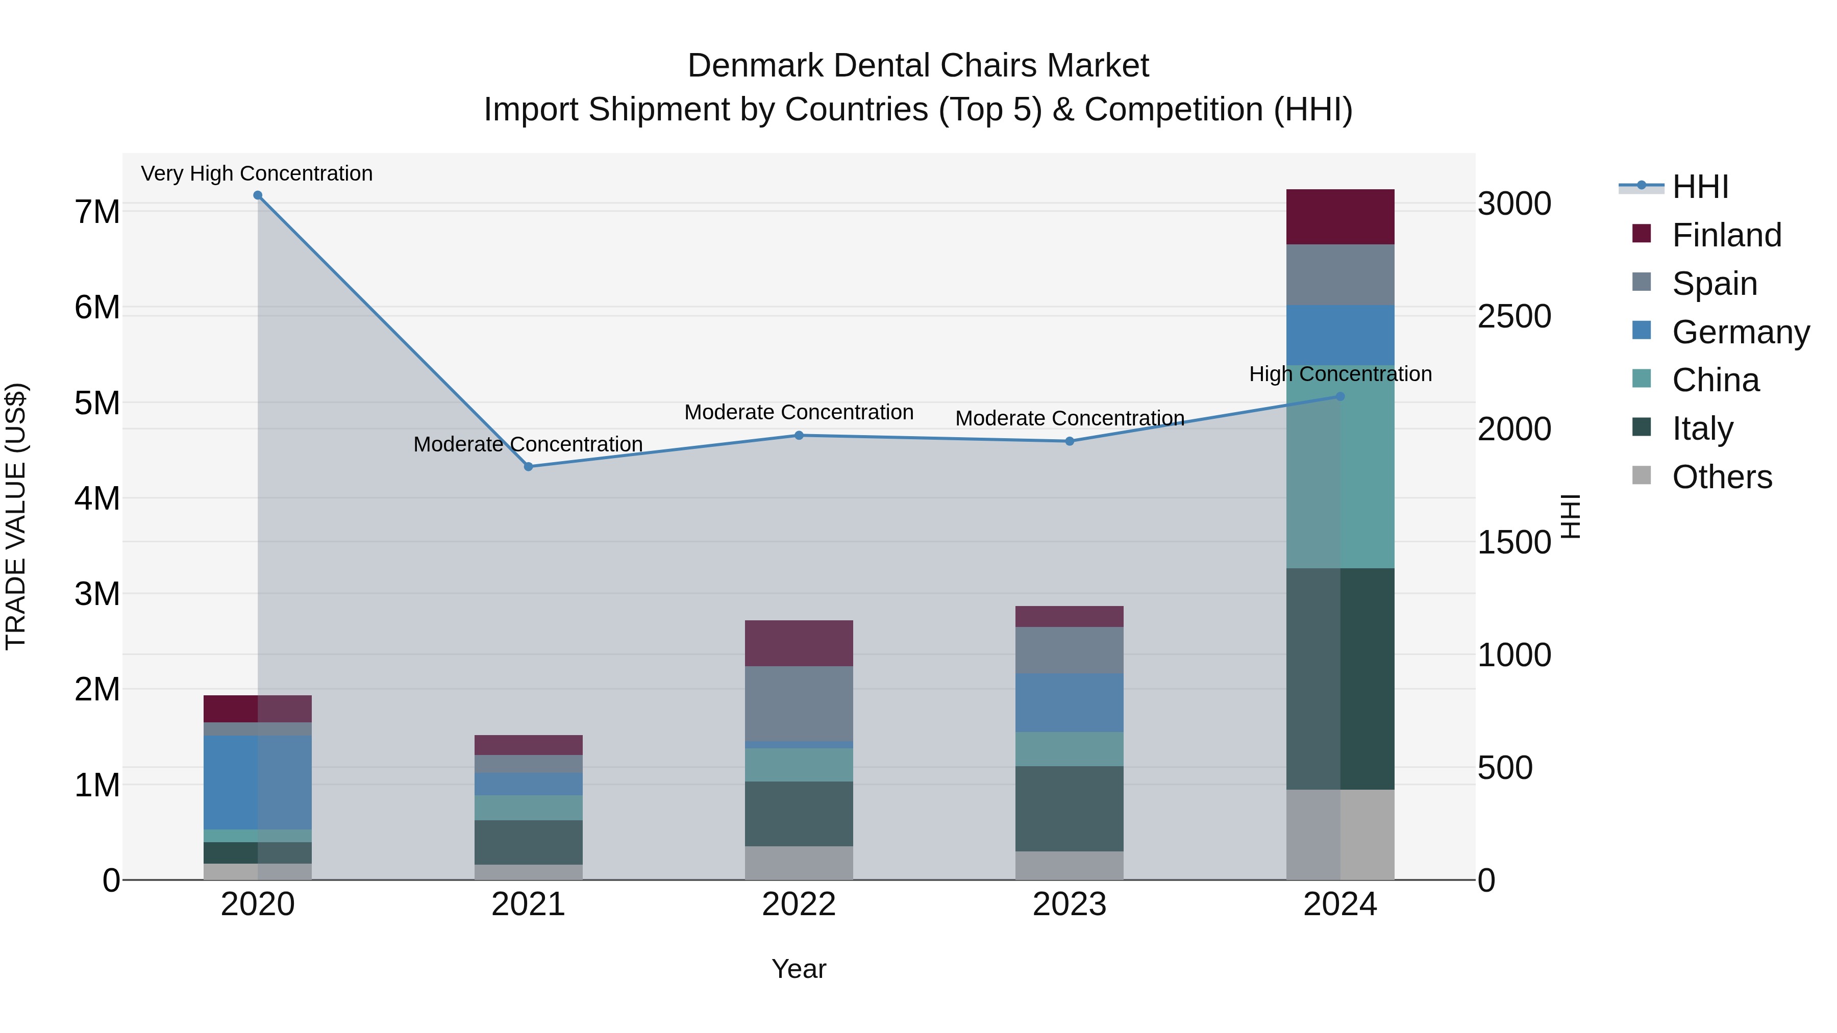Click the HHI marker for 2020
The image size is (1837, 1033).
[258, 195]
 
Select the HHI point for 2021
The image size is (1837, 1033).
[529, 467]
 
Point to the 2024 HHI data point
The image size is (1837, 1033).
[1340, 396]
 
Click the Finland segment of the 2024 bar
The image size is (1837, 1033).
[1340, 217]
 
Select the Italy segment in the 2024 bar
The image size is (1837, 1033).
[1340, 678]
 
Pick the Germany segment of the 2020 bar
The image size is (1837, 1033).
[258, 782]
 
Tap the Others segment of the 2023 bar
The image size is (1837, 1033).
[1069, 866]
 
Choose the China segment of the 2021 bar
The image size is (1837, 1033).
[529, 808]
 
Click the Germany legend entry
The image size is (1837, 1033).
[1740, 332]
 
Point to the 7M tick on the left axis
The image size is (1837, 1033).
[97, 212]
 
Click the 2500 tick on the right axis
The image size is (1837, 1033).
[1514, 316]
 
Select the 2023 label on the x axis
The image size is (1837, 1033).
[1069, 904]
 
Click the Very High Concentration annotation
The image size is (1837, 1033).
[257, 173]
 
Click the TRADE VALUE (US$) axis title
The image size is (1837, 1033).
[16, 516]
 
